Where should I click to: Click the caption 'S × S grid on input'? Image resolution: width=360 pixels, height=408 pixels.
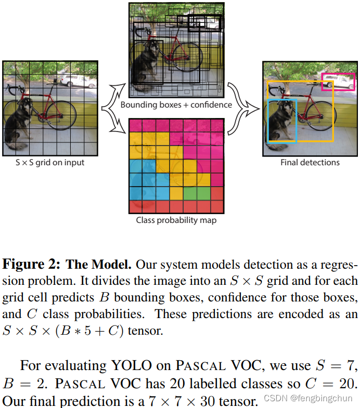50,163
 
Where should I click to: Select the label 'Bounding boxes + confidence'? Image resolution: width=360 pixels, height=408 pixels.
176,104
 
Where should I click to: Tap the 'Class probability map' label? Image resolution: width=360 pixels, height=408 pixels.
176,220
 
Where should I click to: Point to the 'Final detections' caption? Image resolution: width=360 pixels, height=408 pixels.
310,163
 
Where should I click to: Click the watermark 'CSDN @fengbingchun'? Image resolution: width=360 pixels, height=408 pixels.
308,398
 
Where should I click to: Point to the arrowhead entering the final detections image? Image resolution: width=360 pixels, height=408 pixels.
254,110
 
